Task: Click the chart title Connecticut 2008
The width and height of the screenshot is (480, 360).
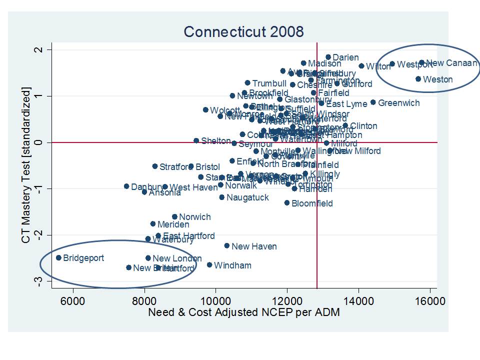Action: (x=243, y=32)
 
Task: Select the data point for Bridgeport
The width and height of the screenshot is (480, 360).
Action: (x=58, y=258)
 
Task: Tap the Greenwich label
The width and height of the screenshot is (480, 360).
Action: (x=398, y=103)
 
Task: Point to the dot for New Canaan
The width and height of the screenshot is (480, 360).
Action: (x=421, y=63)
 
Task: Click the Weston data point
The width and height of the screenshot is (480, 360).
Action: (x=418, y=79)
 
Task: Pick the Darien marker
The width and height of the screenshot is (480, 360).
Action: (x=328, y=57)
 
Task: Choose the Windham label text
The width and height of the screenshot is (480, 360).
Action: (x=232, y=265)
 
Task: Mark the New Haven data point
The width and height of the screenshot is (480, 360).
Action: (x=227, y=246)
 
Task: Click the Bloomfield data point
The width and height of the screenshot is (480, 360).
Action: (x=287, y=203)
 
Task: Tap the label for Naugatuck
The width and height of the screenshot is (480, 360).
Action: (x=247, y=197)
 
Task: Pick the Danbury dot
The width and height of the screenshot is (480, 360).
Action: (x=126, y=186)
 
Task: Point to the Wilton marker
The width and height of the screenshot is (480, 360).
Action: (x=361, y=66)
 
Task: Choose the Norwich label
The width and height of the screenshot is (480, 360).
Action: (x=194, y=217)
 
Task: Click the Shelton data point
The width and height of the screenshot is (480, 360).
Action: (x=196, y=141)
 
